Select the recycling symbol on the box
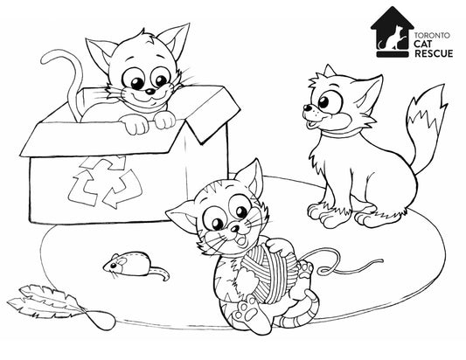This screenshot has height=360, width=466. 105,182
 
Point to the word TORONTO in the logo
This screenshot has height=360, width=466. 433,36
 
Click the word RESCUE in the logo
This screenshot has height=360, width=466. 434,53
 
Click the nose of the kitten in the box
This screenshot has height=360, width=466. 150,91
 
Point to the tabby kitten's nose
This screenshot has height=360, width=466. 235,228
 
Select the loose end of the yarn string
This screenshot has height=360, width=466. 382,260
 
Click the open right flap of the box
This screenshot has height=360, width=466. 212,113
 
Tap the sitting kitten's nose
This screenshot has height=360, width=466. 307,107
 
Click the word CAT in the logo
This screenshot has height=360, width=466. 423,45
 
